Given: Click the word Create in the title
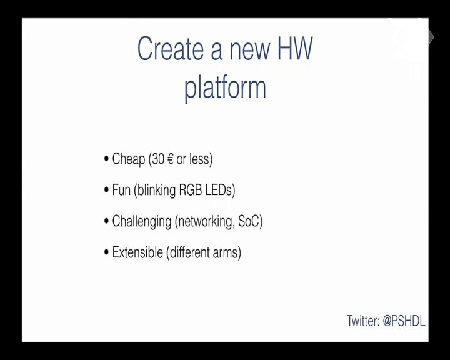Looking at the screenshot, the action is (171, 48).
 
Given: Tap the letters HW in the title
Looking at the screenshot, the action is (295, 48).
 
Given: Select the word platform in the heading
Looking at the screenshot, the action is (225, 87).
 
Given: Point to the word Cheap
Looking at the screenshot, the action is (129, 159).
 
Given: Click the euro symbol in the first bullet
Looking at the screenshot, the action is (170, 159).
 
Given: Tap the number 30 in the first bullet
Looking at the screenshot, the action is (158, 159).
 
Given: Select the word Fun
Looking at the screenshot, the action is (121, 190).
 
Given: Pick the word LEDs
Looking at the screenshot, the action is (219, 190).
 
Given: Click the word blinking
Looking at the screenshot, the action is (156, 191).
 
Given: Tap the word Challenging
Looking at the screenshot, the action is (142, 222).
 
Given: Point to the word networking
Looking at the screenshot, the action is (205, 222).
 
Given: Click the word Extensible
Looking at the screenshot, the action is (137, 252).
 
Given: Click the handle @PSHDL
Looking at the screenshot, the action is (404, 321).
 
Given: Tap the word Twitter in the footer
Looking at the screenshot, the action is (363, 321).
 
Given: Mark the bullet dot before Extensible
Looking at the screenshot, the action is (107, 252).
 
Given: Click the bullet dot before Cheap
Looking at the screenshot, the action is (107, 159).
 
